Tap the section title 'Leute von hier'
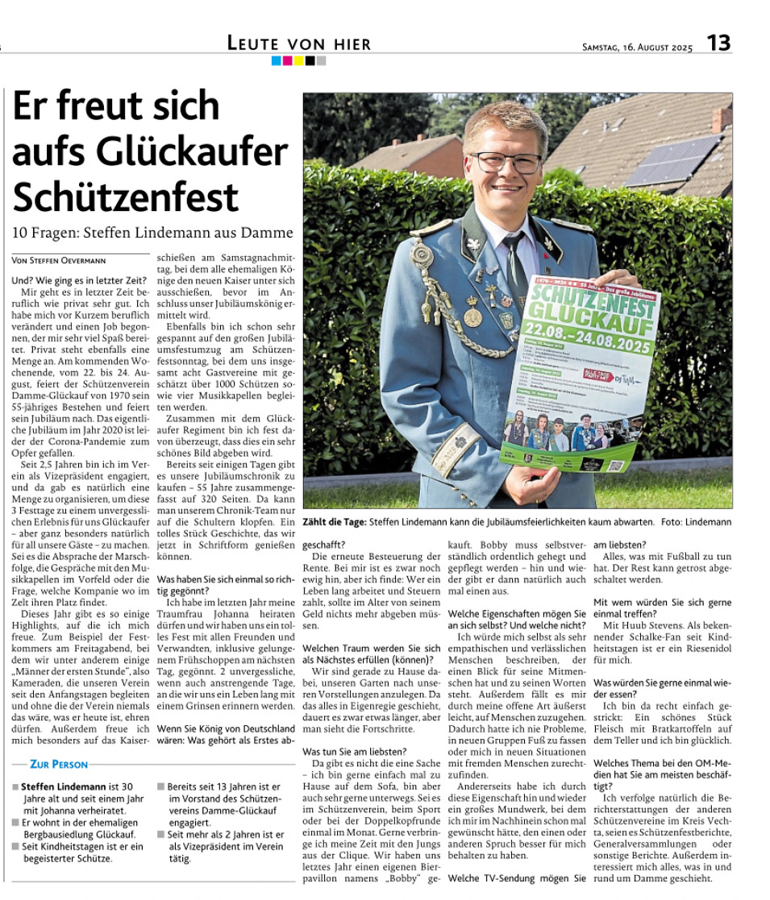pos(299,44)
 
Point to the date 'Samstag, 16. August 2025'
pos(637,48)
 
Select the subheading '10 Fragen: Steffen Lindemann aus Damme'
pos(152,233)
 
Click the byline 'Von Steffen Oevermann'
pos(60,260)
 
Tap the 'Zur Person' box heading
pos(58,764)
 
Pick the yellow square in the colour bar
pos(298,60)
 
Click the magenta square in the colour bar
pos(288,60)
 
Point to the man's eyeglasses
pos(506,163)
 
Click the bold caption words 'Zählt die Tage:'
pos(335,522)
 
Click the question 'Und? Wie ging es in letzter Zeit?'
pos(79,280)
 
